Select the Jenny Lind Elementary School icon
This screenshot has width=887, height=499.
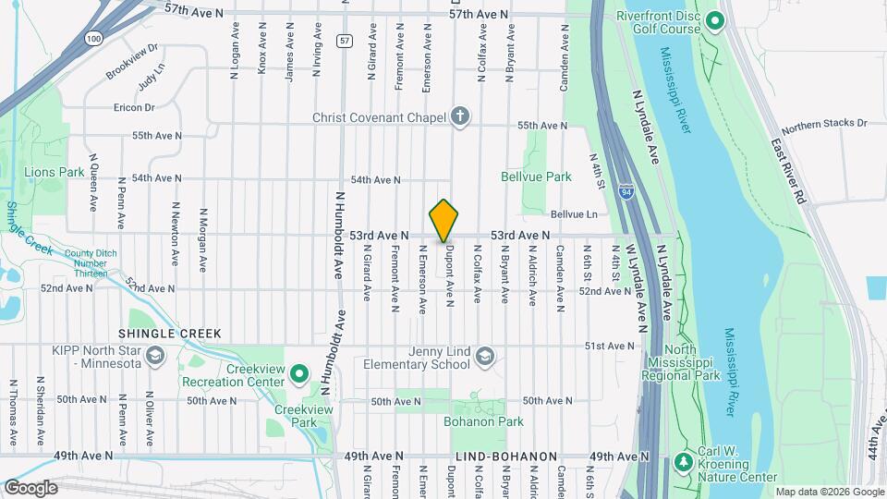(x=485, y=357)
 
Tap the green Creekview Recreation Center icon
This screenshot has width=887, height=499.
(x=298, y=374)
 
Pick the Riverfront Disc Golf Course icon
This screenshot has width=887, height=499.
(x=714, y=21)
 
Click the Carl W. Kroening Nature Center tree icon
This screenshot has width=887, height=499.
(x=684, y=460)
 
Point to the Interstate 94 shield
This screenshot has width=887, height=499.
(x=626, y=191)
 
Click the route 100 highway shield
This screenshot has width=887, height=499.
(x=91, y=39)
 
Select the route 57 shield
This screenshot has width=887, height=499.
(x=344, y=41)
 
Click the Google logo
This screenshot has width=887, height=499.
(x=31, y=487)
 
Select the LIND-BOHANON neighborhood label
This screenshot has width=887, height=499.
(x=506, y=456)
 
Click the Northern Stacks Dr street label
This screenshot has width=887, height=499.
(x=824, y=123)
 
